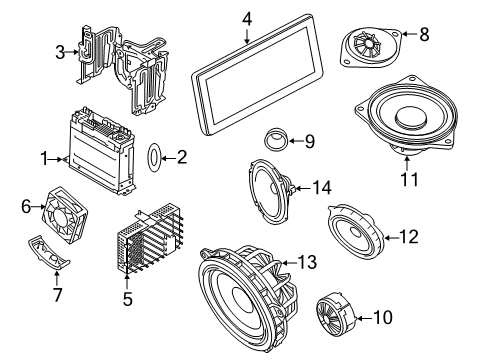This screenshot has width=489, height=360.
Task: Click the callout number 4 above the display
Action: [247, 16]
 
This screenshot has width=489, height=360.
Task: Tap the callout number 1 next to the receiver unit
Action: [43, 157]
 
